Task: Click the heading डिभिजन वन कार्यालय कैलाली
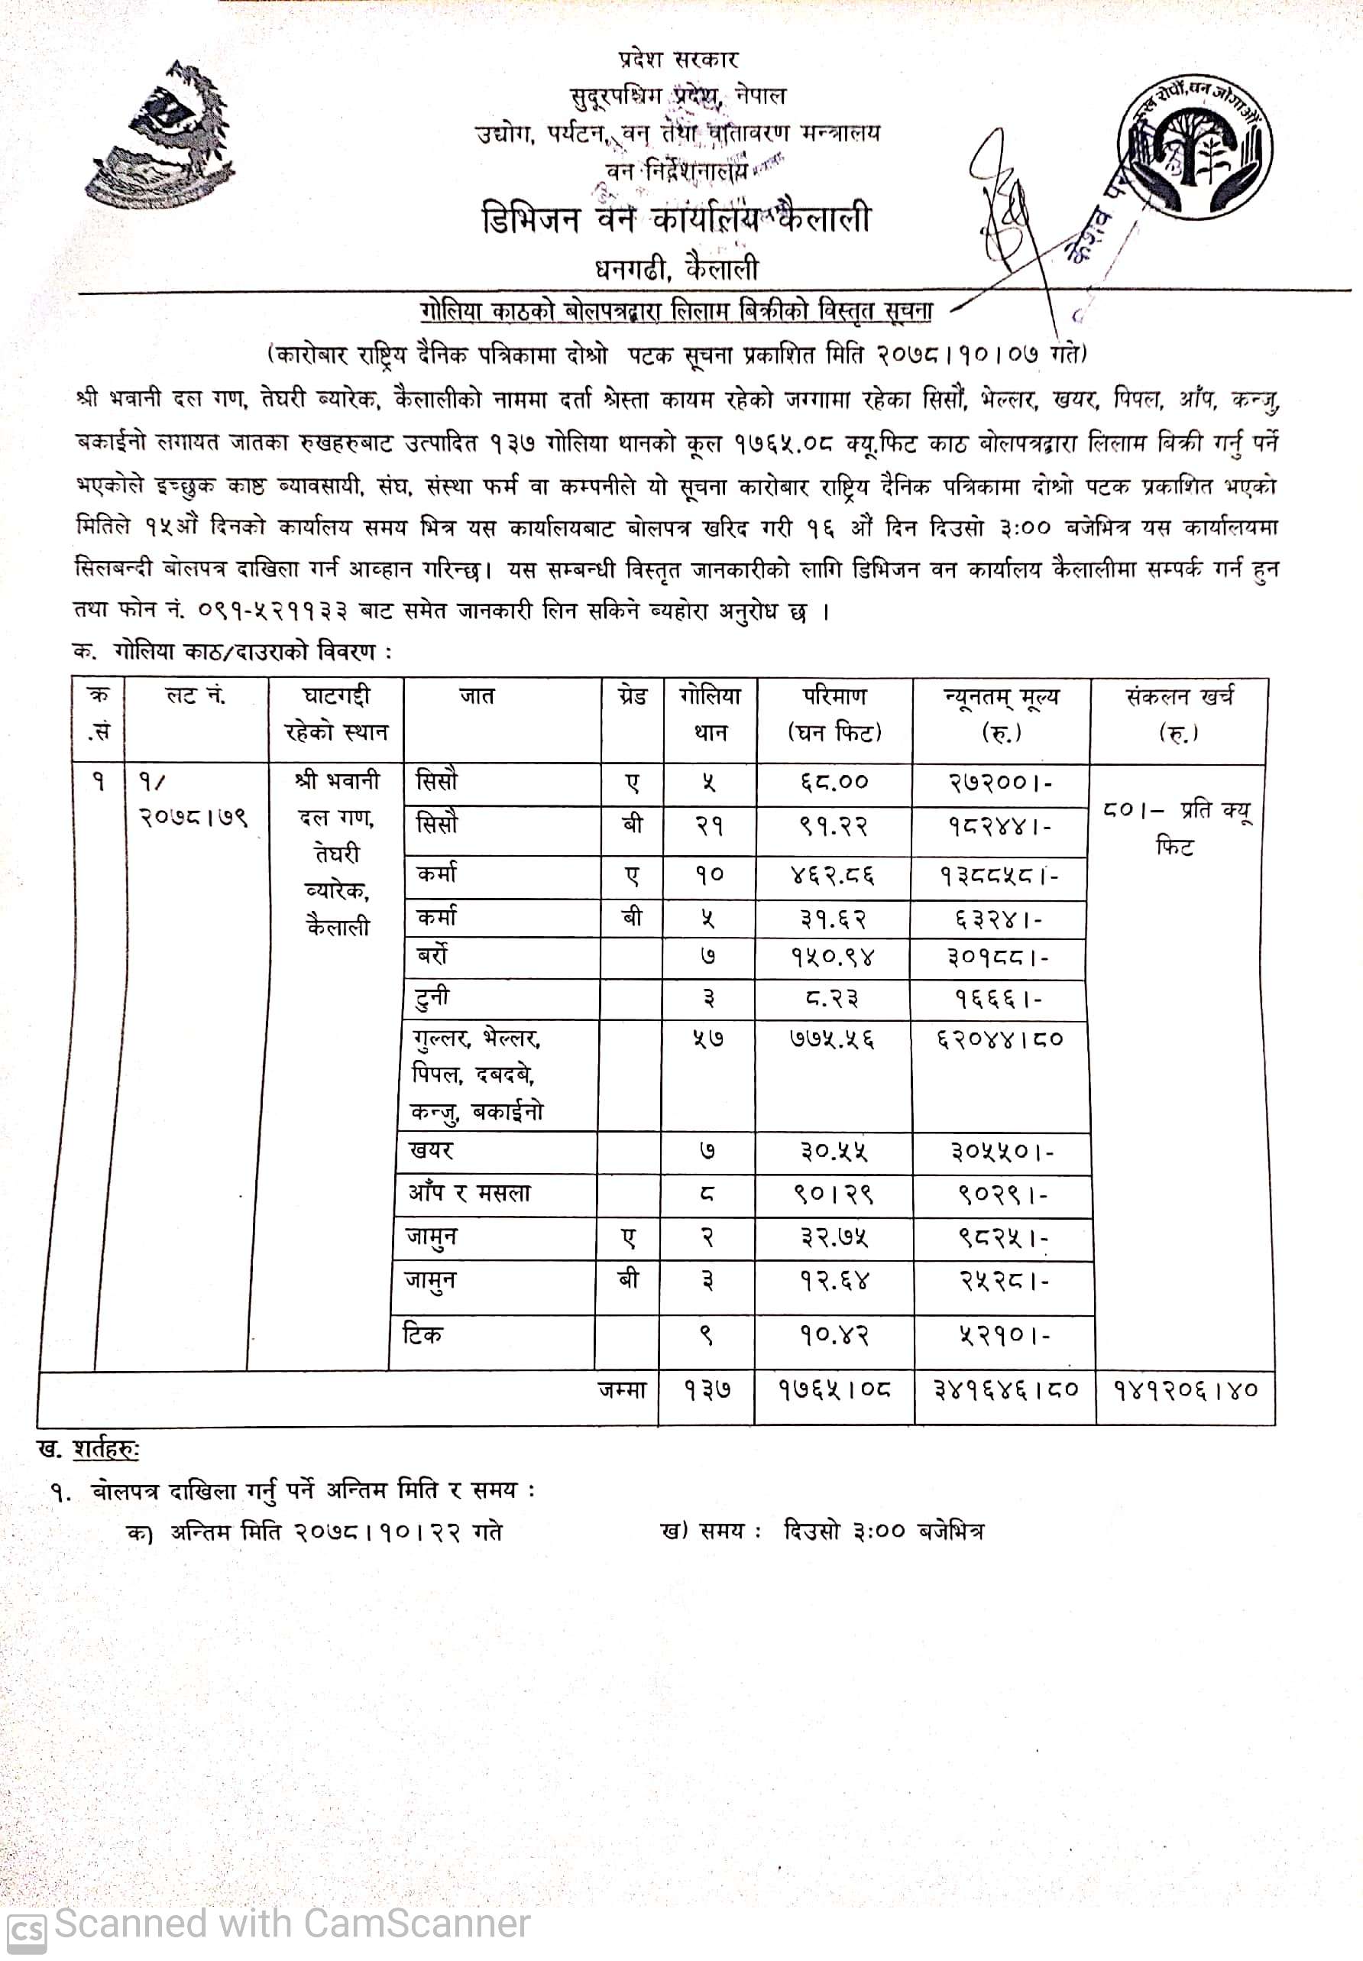pos(675,219)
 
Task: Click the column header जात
pos(477,697)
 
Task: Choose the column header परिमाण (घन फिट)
pos(834,714)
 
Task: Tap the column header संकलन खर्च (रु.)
pos(1179,714)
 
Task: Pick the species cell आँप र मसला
pos(469,1193)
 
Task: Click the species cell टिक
pos(422,1334)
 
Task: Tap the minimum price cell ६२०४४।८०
pos(1000,1040)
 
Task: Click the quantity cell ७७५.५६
pos(833,1040)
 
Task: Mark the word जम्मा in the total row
pos(623,1390)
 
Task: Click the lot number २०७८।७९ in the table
pos(194,818)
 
